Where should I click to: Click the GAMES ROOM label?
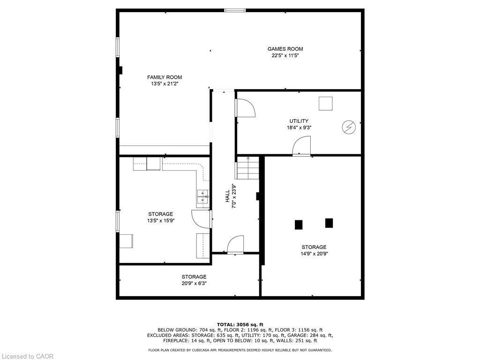tap(285, 49)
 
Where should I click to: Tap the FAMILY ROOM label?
tap(165, 77)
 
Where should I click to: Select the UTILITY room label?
tap(299, 121)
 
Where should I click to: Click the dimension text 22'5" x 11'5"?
tap(285, 55)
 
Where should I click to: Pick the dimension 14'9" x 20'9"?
tap(314, 254)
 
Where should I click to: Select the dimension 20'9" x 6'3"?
tap(194, 283)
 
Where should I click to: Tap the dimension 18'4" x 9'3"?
tap(299, 127)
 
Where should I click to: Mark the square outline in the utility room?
tap(325, 104)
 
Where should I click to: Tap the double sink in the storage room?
tap(203, 196)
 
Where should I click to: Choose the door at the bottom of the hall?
tap(235, 245)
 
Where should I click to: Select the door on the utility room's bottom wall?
tap(302, 146)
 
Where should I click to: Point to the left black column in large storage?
tap(299, 225)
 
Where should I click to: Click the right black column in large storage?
tap(329, 223)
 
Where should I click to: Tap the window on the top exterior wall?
tap(234, 10)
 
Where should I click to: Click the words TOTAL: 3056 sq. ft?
tap(240, 324)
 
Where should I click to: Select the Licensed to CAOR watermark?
tap(27, 356)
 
